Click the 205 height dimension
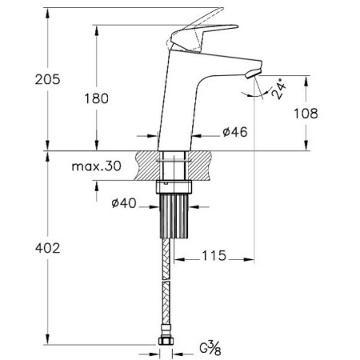click(x=48, y=79)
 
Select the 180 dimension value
click(x=97, y=98)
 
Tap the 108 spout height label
click(x=306, y=114)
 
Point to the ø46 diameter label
click(x=235, y=132)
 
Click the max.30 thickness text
click(x=97, y=166)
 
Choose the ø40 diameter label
click(x=124, y=203)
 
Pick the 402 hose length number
click(x=48, y=248)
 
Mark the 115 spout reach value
click(x=214, y=255)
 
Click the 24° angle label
click(x=279, y=89)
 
